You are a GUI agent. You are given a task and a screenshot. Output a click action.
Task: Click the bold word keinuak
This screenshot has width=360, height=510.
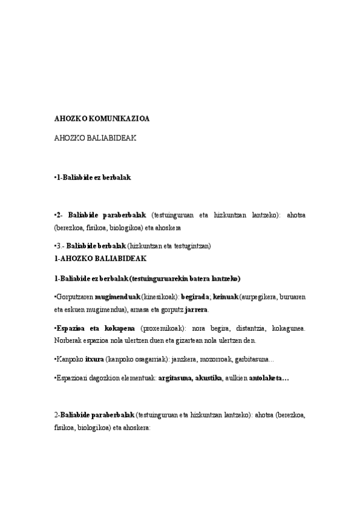[225, 296]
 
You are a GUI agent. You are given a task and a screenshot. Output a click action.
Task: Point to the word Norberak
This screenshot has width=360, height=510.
[69, 341]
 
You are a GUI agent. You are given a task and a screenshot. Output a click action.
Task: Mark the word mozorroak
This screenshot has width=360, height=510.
[218, 360]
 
